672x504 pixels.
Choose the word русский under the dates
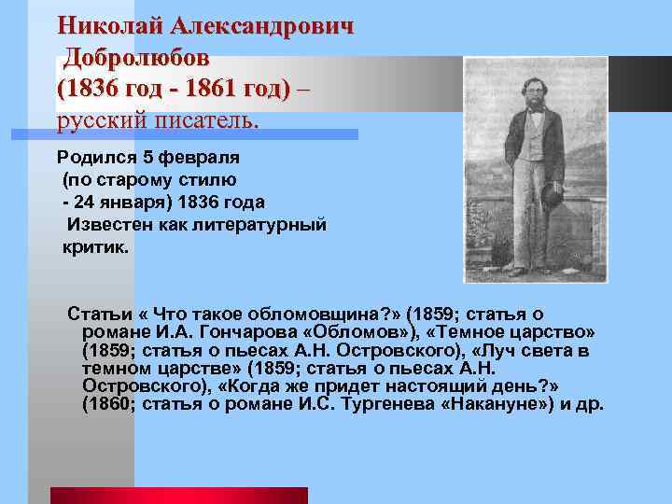coord(98,121)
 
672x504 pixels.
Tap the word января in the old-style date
coord(136,202)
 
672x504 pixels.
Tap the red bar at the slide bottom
coord(178,496)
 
